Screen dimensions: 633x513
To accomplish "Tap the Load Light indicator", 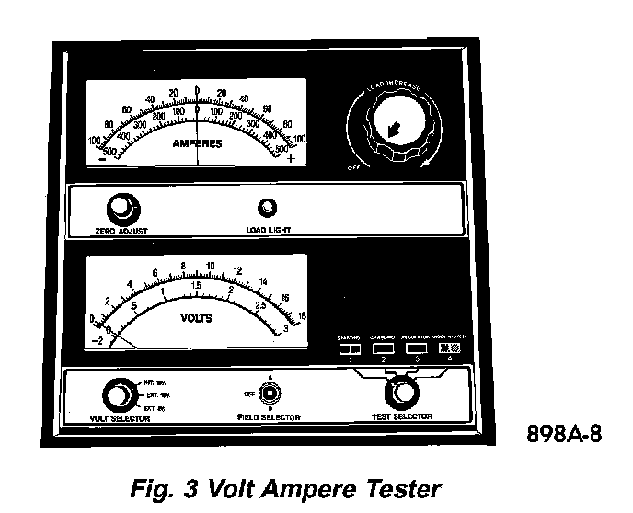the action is pyautogui.click(x=270, y=208).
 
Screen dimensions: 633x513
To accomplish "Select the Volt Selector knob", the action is pyautogui.click(x=117, y=395).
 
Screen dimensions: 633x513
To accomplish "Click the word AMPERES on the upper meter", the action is pyautogui.click(x=199, y=144).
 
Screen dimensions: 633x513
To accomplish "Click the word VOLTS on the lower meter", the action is pyautogui.click(x=196, y=319).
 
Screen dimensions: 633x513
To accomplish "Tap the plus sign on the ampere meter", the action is pyautogui.click(x=292, y=158).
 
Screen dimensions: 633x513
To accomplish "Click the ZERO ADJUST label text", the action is pyautogui.click(x=121, y=231).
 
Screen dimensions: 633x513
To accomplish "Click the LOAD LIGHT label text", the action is pyautogui.click(x=268, y=230).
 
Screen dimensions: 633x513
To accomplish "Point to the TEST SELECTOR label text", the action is pyautogui.click(x=404, y=418).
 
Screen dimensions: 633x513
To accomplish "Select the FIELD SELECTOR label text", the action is pyautogui.click(x=269, y=418).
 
